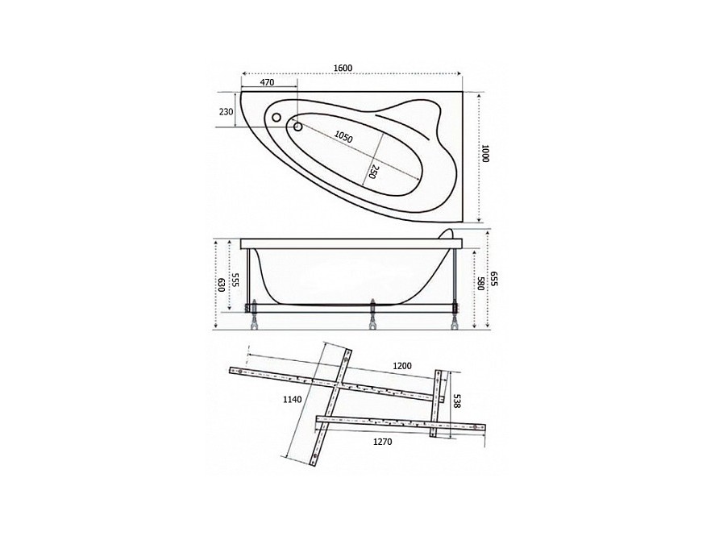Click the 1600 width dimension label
343,68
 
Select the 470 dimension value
267,82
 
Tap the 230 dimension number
227,111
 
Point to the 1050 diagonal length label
343,136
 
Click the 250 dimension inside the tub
372,172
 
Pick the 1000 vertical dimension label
485,153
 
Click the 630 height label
221,285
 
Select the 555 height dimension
235,280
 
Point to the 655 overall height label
494,279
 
